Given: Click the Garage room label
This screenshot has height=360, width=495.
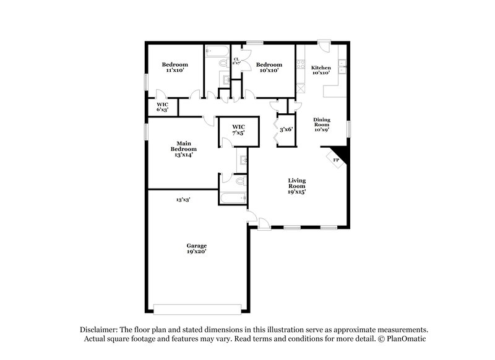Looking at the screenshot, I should [x=197, y=249].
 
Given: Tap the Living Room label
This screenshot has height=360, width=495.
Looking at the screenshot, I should [x=297, y=186].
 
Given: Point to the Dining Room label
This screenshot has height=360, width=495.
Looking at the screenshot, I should [x=321, y=124].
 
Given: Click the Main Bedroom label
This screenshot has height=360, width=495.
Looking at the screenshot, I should [x=184, y=149].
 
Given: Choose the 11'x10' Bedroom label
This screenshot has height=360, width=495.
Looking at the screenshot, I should [x=174, y=67].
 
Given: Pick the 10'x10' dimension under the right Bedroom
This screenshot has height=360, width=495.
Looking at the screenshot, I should [x=269, y=71].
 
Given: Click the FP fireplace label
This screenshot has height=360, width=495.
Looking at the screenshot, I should [x=336, y=160].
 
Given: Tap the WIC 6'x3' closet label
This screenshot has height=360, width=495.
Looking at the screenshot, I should [x=162, y=107].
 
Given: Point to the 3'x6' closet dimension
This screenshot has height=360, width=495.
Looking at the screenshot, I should [x=286, y=130].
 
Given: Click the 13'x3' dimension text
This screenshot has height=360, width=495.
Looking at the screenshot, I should [x=183, y=200].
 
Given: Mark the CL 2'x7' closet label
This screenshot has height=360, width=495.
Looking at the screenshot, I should [x=236, y=61].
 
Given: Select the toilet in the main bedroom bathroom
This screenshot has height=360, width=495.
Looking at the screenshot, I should [x=241, y=182].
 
